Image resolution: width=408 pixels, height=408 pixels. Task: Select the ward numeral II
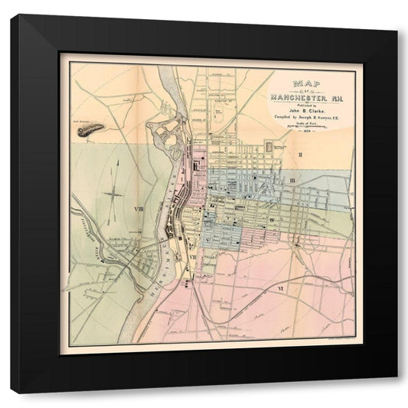click(301, 155)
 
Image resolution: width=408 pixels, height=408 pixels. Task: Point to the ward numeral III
click(293, 180)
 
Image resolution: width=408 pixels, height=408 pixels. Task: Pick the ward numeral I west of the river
click(119, 162)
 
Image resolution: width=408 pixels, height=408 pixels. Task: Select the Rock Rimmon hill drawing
click(90, 130)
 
